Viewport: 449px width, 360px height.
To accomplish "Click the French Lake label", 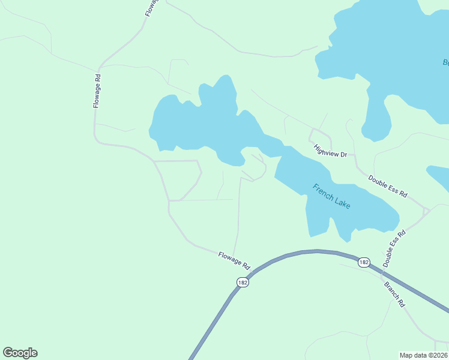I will [331, 196].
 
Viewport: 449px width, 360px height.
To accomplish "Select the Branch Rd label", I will [394, 292].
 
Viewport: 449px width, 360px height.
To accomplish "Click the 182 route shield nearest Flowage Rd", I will [243, 282].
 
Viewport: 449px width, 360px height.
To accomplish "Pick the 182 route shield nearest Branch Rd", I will [364, 262].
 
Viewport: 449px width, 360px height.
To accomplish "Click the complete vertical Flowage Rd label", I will [97, 91].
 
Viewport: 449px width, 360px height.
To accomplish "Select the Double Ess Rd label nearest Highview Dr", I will [388, 187].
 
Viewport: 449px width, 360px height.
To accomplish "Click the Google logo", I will [20, 353].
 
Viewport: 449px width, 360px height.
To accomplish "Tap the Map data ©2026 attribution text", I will [423, 355].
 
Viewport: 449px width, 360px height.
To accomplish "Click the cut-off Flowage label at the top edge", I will [148, 8].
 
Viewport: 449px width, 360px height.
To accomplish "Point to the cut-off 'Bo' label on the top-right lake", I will [445, 62].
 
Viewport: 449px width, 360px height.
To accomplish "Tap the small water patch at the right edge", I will [439, 178].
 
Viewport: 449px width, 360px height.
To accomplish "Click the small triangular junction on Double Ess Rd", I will [426, 211].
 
